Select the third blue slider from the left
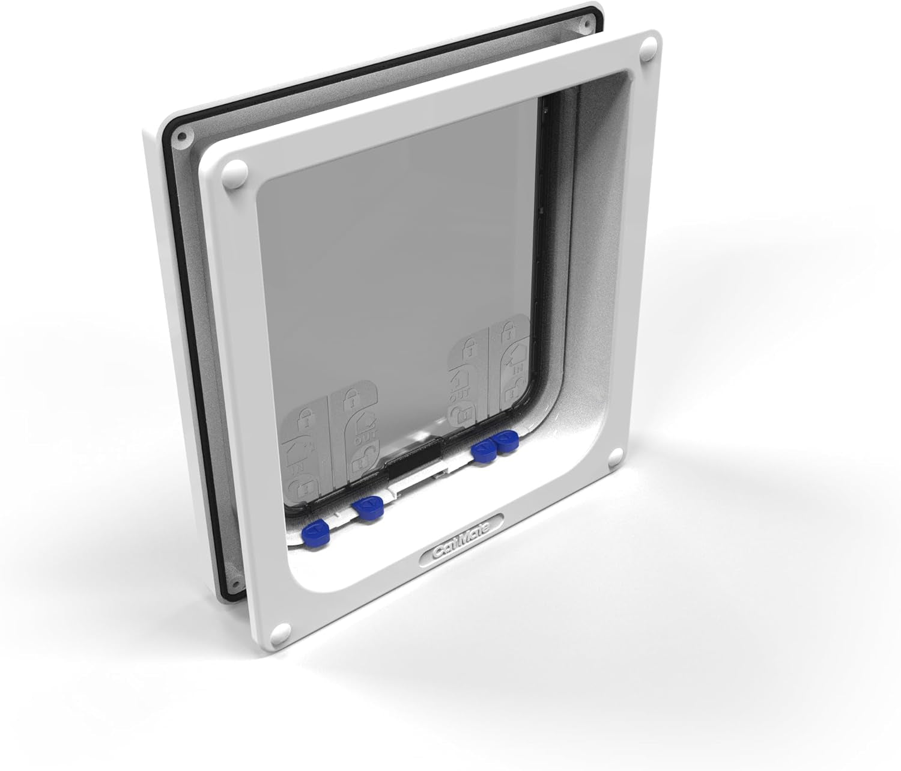pos(484,450)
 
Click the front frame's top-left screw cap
pos(234,172)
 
